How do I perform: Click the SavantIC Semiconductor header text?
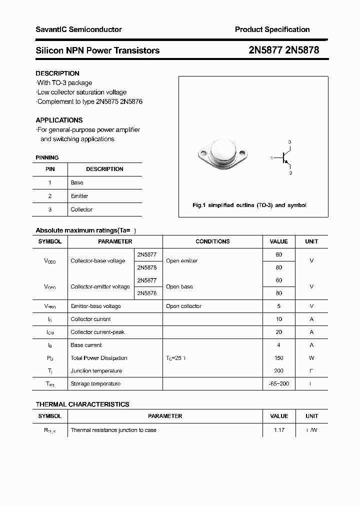tap(78, 29)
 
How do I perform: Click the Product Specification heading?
tap(272, 29)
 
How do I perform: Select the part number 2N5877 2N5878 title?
tap(283, 50)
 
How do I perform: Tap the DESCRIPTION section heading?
tap(57, 73)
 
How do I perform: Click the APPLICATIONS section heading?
tap(59, 120)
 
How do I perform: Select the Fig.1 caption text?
tap(249, 205)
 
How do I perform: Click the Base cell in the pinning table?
tap(77, 183)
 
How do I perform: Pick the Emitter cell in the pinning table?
tap(79, 196)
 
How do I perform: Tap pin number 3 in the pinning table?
tap(50, 209)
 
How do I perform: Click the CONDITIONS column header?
tap(212, 241)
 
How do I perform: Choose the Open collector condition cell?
tap(183, 306)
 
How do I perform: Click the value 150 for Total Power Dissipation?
tap(278, 358)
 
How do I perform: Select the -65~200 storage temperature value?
tap(278, 384)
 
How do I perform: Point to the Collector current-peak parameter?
tap(97, 332)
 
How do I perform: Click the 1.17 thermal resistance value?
tap(278, 430)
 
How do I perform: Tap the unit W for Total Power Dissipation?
tap(311, 358)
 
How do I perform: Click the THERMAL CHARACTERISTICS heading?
tap(82, 404)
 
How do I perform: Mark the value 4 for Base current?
tap(278, 345)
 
